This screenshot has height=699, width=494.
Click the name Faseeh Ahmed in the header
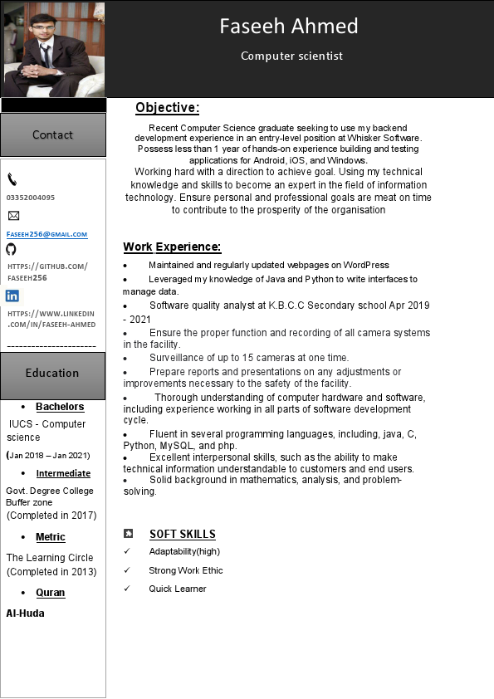pos(288,26)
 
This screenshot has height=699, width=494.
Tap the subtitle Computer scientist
pos(291,56)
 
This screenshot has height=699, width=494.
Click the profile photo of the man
pos(53,49)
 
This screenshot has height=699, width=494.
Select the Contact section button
pos(53,134)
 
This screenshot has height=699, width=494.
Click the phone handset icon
pos(12,179)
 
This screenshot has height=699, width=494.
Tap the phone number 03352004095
pos(31,198)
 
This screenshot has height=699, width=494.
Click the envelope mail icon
pos(13,216)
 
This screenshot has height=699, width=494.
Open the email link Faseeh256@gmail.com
pos(46,234)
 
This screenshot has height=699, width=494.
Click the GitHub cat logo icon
pos(11,249)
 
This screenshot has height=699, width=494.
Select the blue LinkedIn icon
pos(12,296)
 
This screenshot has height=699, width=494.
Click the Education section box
pos(53,374)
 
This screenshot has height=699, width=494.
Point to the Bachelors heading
pos(60,407)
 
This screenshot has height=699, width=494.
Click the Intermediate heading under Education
pos(63,473)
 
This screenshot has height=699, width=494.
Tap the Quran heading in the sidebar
pos(51,593)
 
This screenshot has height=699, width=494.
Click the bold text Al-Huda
pos(26,613)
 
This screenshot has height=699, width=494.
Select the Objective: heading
pos(167,108)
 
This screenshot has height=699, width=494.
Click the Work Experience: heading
pos(172,247)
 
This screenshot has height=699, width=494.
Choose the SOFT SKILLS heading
pos(183,534)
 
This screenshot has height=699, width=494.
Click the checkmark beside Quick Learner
pos(127,589)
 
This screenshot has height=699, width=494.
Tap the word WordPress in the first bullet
pos(365,265)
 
